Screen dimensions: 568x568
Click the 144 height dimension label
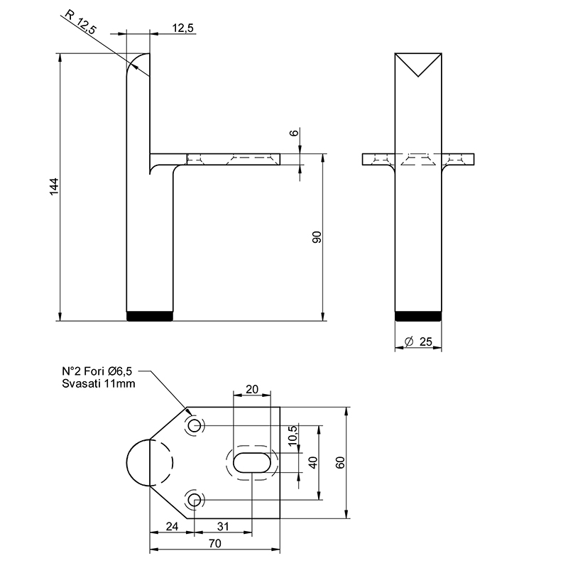[54, 187]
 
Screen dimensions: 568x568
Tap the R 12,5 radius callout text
[81, 23]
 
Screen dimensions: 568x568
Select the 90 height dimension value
[317, 237]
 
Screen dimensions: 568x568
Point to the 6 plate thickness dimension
[295, 133]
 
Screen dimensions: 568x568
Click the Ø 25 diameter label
[418, 342]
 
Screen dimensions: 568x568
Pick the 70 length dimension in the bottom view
[215, 543]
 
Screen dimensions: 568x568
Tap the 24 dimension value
[172, 526]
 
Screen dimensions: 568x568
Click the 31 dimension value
[223, 526]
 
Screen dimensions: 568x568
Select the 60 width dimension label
[340, 463]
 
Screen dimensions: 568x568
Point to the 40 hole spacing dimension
[313, 463]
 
